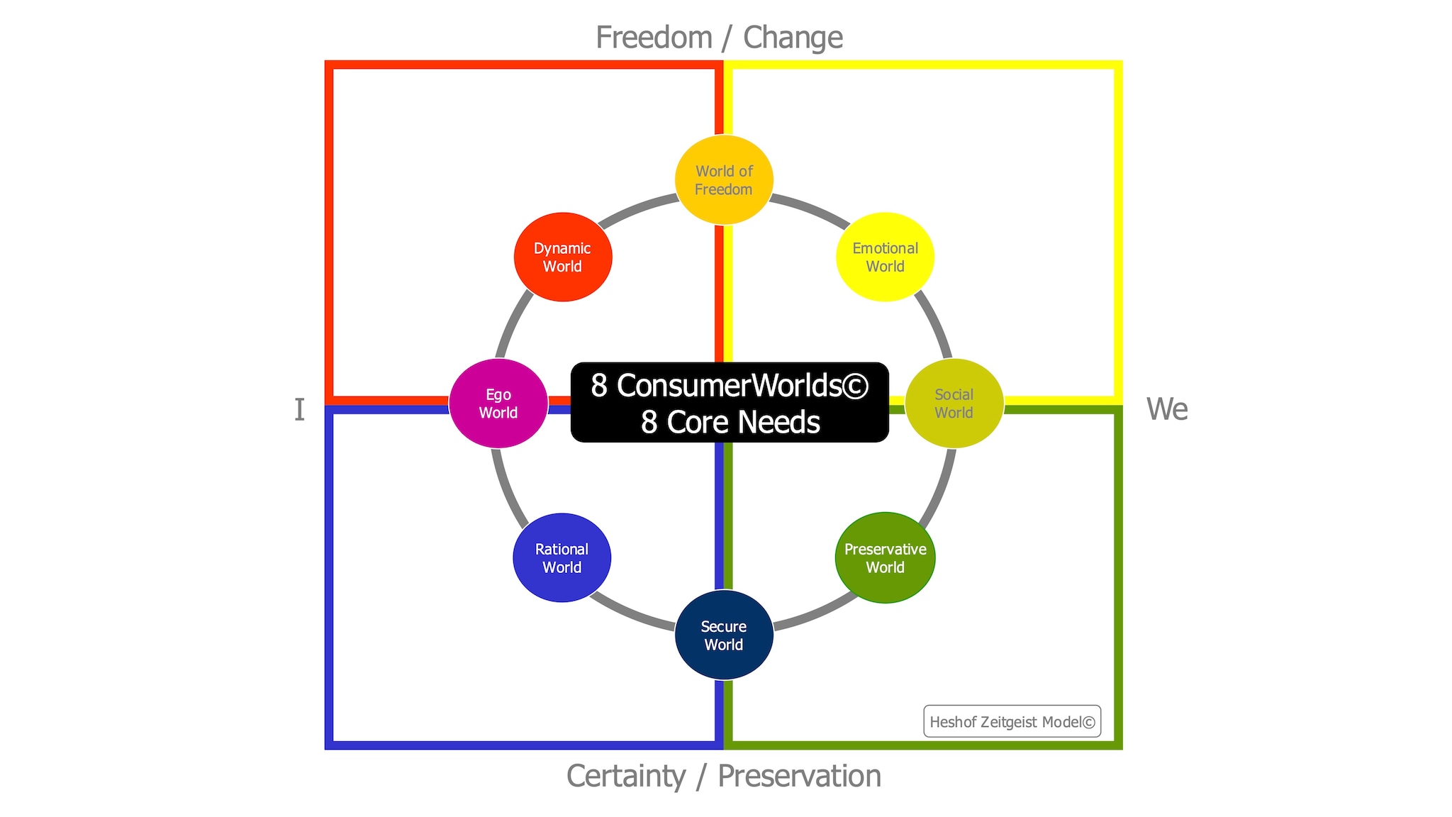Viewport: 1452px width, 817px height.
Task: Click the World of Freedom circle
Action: [x=723, y=179]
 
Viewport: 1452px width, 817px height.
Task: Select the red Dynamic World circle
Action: [x=562, y=257]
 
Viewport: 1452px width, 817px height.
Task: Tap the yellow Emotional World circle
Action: [x=885, y=257]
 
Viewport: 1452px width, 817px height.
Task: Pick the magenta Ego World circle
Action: [x=498, y=403]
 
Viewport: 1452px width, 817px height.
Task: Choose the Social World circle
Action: [x=954, y=403]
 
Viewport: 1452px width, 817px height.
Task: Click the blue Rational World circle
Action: [x=562, y=557]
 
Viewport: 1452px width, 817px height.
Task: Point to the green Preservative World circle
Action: [x=885, y=557]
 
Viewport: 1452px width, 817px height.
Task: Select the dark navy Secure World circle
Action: [x=723, y=635]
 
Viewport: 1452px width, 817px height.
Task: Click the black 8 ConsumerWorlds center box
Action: [x=730, y=402]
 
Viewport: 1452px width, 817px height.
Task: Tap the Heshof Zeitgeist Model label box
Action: [x=1012, y=721]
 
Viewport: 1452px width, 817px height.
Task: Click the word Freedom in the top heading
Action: [x=654, y=38]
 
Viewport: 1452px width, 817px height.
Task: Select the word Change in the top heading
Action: [x=793, y=38]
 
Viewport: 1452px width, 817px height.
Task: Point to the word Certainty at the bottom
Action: [x=625, y=776]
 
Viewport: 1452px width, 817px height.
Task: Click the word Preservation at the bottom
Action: [x=799, y=776]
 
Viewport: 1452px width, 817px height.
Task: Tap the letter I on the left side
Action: [x=299, y=410]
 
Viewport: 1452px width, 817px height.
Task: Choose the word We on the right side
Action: [x=1167, y=409]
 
